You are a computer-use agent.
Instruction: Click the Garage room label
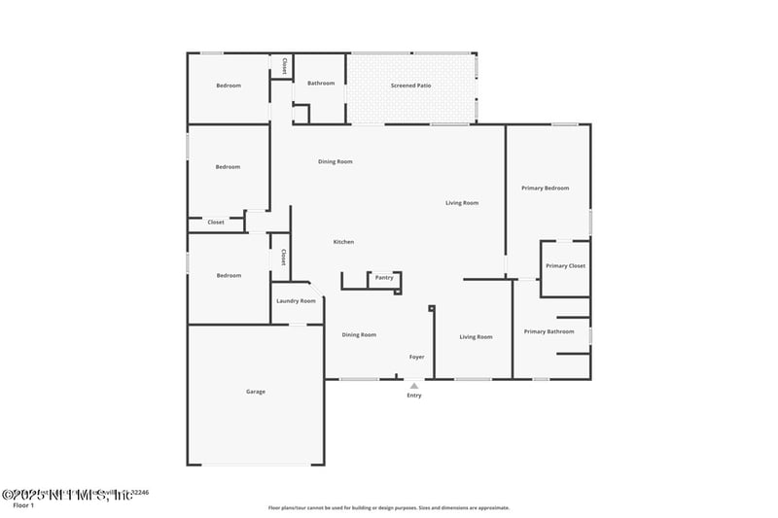[255, 392]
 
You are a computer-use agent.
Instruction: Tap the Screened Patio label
[410, 86]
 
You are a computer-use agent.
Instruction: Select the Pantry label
[384, 278]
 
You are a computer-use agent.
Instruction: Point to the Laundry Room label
[296, 301]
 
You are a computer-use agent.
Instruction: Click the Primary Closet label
[565, 266]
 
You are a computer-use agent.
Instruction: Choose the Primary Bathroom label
[548, 332]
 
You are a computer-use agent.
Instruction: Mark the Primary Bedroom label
[545, 188]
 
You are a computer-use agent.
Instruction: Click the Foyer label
[416, 358]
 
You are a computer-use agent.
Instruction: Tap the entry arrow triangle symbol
[414, 386]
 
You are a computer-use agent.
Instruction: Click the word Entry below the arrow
[414, 396]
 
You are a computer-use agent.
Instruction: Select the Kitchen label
[343, 242]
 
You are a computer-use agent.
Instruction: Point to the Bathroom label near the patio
[321, 84]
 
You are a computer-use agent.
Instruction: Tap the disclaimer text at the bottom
[388, 507]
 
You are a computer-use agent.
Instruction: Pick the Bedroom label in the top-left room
[228, 86]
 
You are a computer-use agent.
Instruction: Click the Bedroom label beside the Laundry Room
[228, 276]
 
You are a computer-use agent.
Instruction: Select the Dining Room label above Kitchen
[336, 161]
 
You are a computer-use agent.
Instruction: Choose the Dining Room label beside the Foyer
[359, 335]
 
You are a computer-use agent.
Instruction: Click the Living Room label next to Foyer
[476, 337]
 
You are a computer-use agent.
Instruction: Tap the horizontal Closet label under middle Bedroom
[216, 223]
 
